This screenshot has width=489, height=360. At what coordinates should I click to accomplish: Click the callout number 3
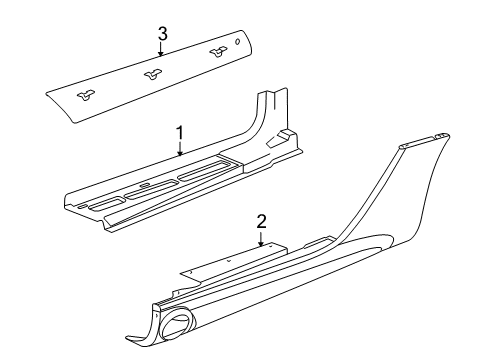[162, 34]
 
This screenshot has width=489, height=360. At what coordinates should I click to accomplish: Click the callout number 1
[180, 131]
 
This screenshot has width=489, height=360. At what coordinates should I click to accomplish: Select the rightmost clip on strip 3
[218, 52]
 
